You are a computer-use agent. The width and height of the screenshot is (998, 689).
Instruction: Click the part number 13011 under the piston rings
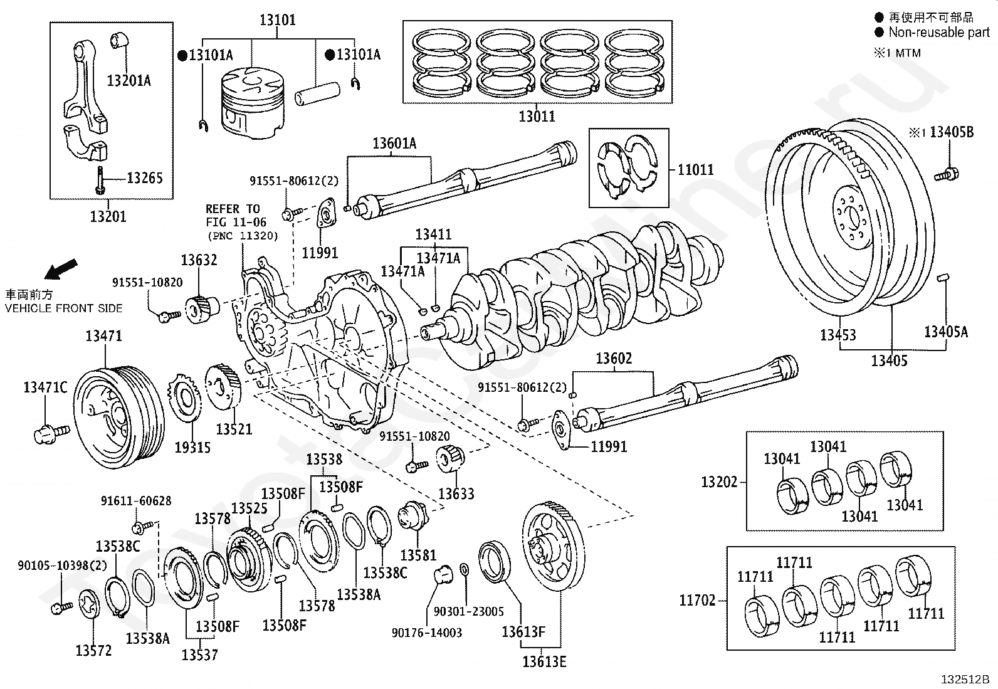[x=537, y=116]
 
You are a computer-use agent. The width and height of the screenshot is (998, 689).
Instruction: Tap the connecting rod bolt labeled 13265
[x=100, y=181]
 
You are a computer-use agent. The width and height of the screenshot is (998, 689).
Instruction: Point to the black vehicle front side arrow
[x=61, y=269]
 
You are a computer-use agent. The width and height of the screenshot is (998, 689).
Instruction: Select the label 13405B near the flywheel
[x=951, y=132]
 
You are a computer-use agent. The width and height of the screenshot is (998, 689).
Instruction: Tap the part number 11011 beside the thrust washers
[x=695, y=169]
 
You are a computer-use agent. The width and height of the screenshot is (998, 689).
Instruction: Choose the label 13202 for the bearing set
[x=719, y=482]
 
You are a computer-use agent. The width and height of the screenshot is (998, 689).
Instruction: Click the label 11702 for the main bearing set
[x=697, y=601]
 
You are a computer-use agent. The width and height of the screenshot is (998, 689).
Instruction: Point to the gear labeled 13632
[x=201, y=308]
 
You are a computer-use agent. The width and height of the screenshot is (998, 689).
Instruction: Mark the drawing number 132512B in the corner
[x=964, y=680]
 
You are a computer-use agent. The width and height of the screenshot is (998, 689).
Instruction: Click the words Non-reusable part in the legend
[x=938, y=33]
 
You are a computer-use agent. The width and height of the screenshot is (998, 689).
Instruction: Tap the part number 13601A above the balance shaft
[x=394, y=144]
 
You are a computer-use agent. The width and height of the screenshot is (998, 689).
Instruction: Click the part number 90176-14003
[x=426, y=633]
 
